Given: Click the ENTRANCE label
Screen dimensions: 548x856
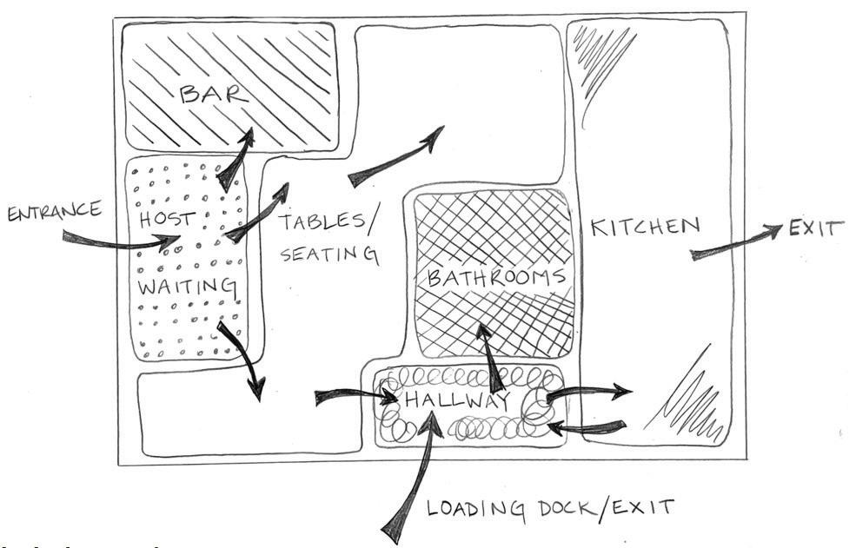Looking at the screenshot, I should coord(55,211).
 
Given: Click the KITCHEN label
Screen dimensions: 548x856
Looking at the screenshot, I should coord(644,228).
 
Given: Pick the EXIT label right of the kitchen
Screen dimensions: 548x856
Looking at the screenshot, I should coord(816,230).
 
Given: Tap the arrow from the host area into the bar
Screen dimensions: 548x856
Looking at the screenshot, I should coord(235,161).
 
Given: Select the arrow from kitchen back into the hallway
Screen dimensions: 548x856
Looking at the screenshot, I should coord(587,426).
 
